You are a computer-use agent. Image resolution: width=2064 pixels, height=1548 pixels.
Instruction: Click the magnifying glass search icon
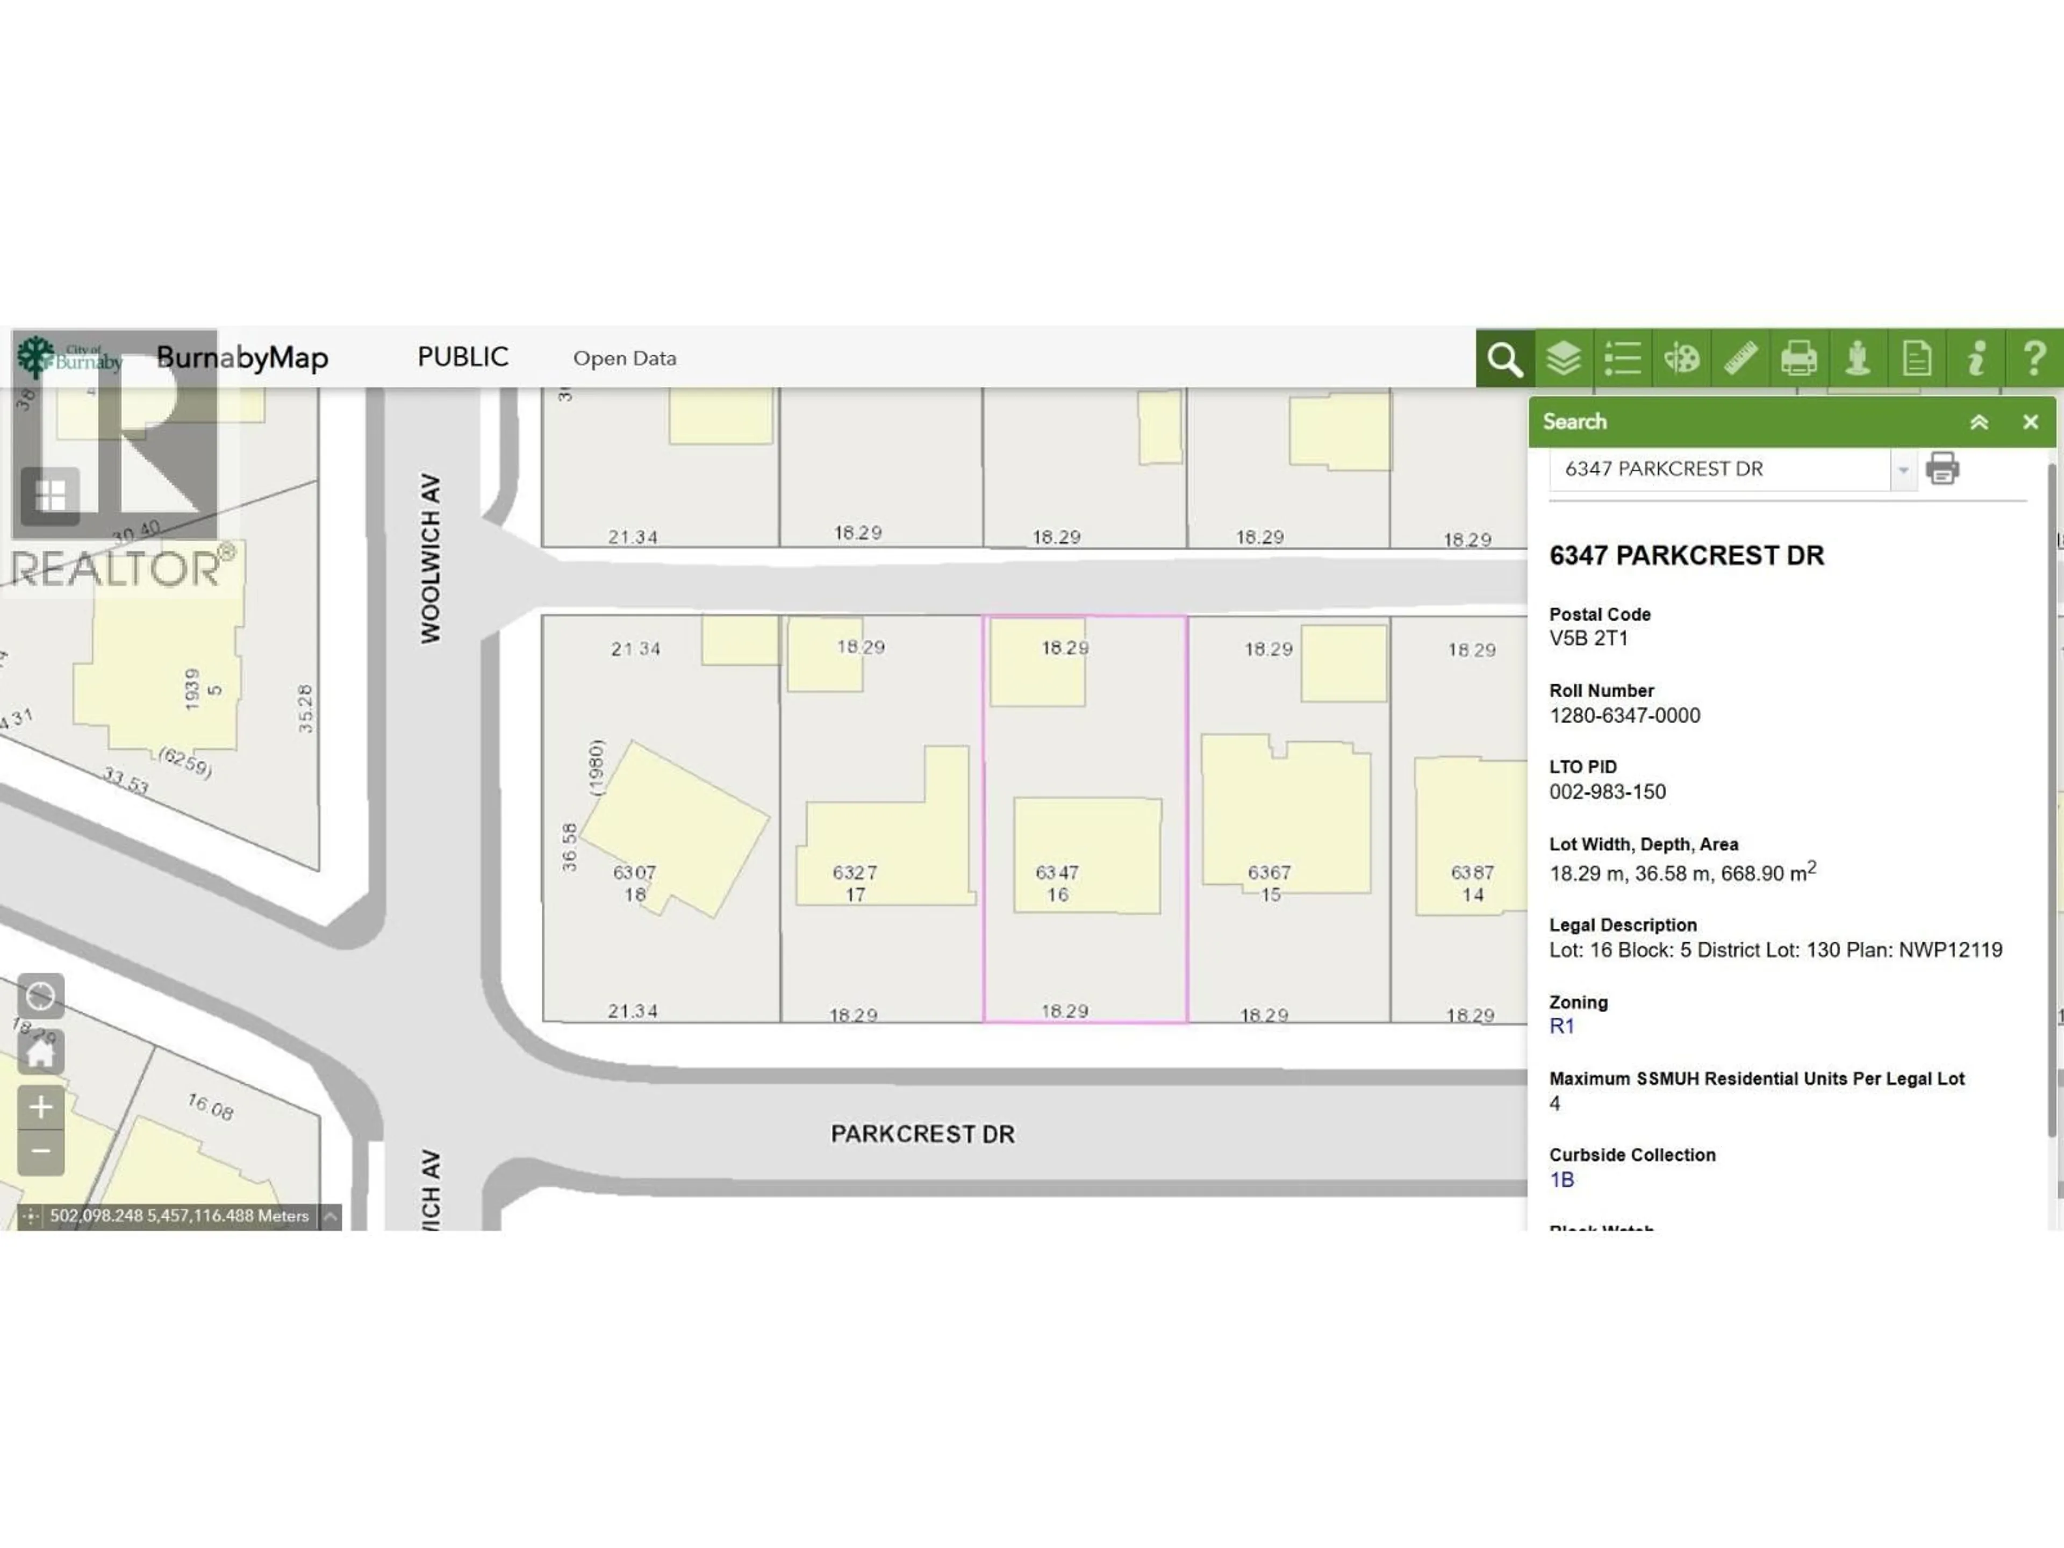[x=1504, y=359]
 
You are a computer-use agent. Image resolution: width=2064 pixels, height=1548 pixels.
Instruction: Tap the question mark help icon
[x=2034, y=359]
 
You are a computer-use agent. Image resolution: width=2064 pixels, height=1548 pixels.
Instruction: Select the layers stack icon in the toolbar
[x=1563, y=359]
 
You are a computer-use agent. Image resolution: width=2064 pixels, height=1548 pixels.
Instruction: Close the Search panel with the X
[x=2031, y=422]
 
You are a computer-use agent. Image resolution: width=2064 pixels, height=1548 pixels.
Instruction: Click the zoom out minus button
[x=41, y=1151]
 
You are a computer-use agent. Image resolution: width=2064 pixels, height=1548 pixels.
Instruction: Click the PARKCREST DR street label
[x=922, y=1134]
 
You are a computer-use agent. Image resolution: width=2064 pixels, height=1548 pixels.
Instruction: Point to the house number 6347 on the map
[x=1056, y=872]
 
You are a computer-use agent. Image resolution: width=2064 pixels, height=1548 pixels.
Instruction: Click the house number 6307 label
[x=634, y=872]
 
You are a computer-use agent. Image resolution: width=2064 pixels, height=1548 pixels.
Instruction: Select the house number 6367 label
[x=1269, y=872]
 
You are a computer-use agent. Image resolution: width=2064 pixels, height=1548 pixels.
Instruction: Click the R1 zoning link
[x=1561, y=1027]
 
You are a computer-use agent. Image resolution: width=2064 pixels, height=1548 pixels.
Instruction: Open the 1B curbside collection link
[x=1561, y=1179]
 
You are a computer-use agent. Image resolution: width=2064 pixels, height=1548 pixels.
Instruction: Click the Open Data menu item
[x=624, y=359]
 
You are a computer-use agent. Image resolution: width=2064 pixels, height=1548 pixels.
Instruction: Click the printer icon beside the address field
[x=1942, y=468]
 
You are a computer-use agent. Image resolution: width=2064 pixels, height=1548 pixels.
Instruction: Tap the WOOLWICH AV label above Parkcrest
[x=429, y=558]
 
